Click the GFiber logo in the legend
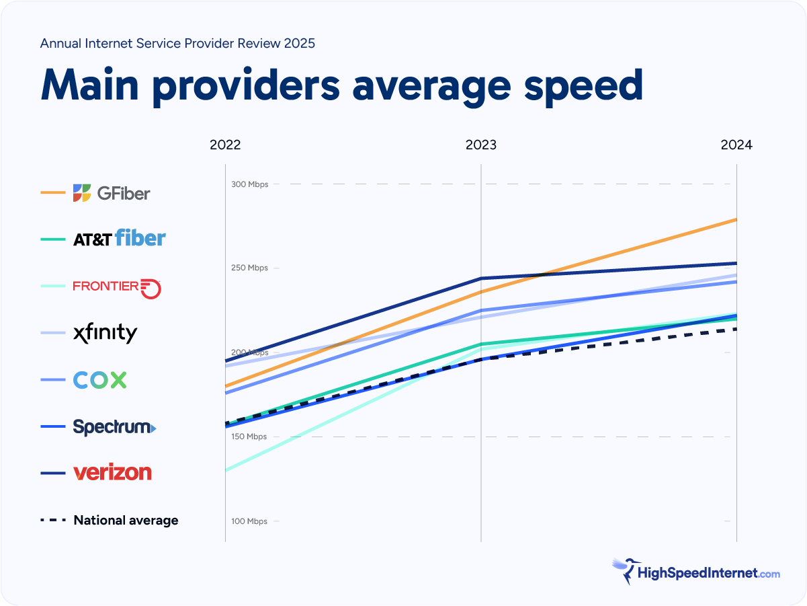click(x=112, y=193)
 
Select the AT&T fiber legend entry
click(x=119, y=238)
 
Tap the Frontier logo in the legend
click(x=117, y=287)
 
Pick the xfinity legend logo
click(x=105, y=333)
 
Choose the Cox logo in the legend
click(x=99, y=380)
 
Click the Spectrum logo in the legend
click(x=114, y=427)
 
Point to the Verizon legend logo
click(x=112, y=472)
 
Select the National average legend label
click(x=126, y=520)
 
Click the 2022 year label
click(x=225, y=145)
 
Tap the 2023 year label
click(x=481, y=145)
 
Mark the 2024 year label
click(x=736, y=145)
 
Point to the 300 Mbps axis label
click(x=249, y=184)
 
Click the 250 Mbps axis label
click(x=249, y=268)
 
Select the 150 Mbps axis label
click(x=249, y=437)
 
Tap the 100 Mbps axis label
click(x=249, y=521)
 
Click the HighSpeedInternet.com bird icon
click(x=623, y=570)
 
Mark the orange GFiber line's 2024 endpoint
click(x=736, y=219)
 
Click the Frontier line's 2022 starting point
click(x=226, y=471)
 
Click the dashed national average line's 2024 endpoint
click(x=736, y=329)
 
